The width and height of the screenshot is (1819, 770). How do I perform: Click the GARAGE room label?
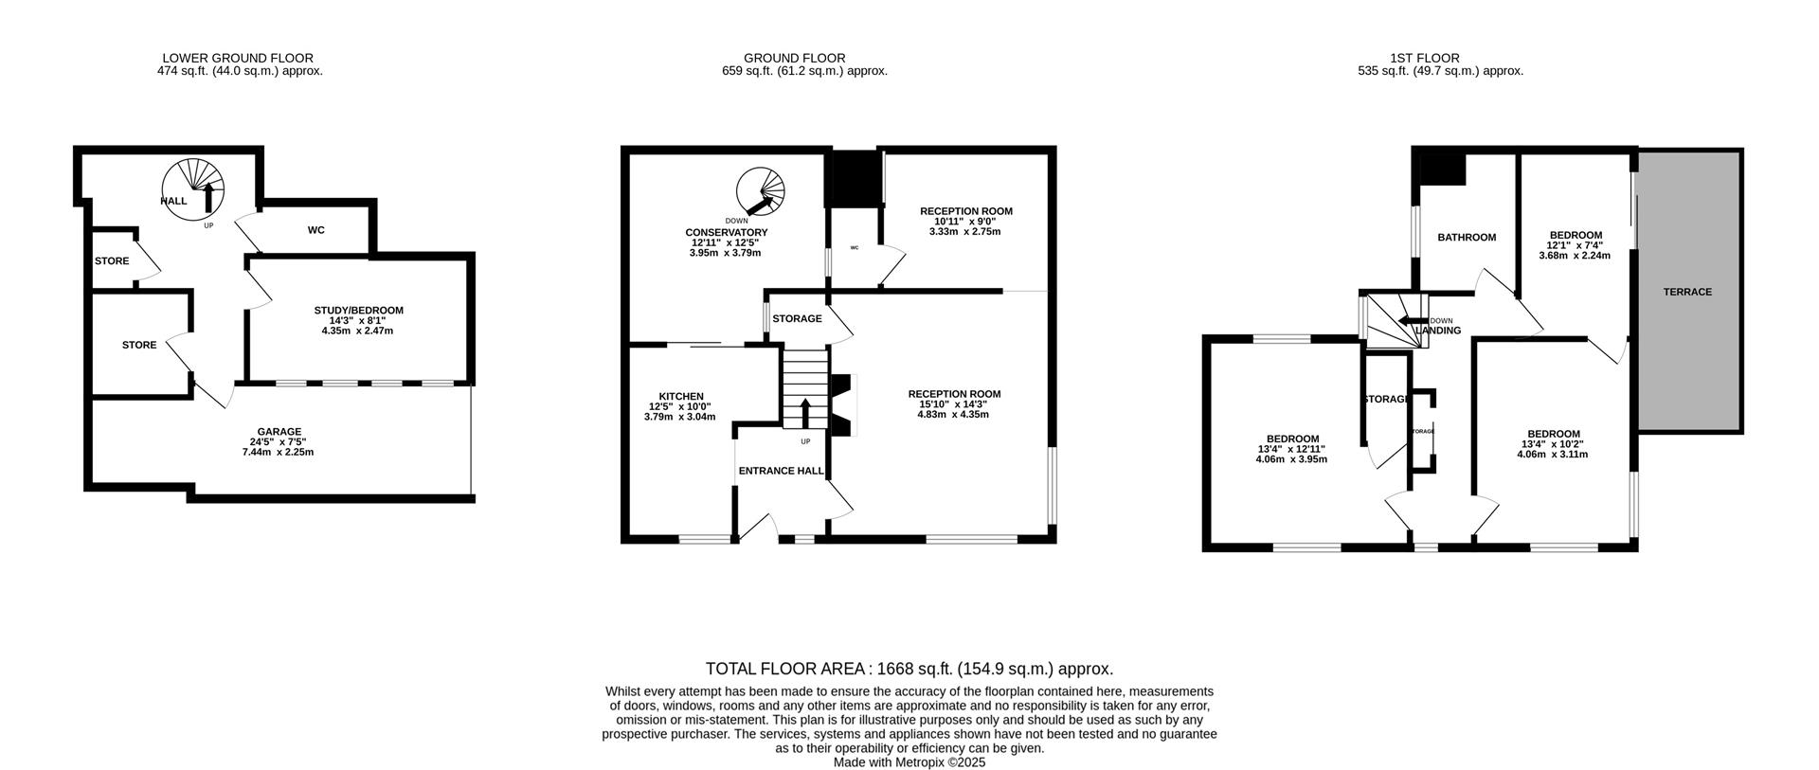click(278, 431)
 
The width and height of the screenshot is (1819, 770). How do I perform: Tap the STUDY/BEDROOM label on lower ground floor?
click(358, 310)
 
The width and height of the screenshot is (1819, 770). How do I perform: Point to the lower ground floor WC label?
click(316, 230)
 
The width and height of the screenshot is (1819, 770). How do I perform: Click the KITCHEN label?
click(681, 396)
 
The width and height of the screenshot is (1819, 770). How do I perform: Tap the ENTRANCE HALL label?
click(781, 471)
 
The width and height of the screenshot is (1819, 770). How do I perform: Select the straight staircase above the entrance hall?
click(805, 388)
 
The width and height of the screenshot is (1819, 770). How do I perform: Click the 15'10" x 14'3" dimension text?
click(954, 404)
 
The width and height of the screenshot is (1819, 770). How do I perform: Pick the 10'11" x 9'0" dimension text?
click(965, 222)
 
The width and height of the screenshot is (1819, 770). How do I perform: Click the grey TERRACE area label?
click(1687, 292)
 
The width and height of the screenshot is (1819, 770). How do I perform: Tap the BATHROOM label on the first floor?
click(1467, 237)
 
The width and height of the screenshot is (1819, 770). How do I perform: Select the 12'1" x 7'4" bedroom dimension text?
click(1576, 245)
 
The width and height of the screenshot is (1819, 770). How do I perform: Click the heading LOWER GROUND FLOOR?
click(238, 58)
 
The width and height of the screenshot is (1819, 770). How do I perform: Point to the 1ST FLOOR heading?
click(1440, 58)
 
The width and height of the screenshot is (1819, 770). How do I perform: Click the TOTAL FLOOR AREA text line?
click(909, 669)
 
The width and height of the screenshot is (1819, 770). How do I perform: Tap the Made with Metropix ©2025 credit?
click(909, 761)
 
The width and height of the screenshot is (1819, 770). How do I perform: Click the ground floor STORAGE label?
click(797, 318)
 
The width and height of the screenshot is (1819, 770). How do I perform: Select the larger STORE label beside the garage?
click(139, 345)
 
